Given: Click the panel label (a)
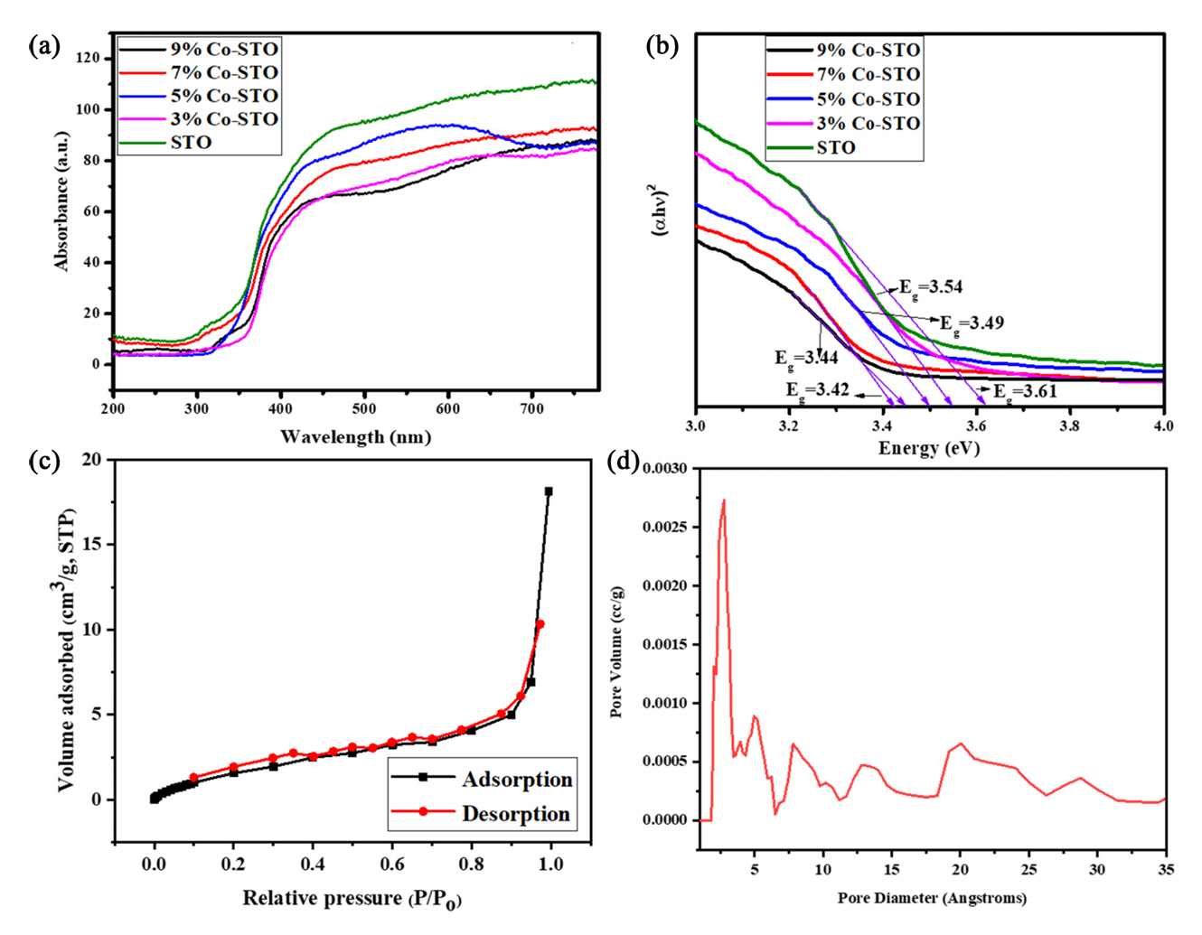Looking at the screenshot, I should tap(44, 46).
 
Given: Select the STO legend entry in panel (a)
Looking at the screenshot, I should tap(191, 143).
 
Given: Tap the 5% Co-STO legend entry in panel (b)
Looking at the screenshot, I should tap(868, 99).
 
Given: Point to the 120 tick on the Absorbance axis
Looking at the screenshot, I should tap(89, 58).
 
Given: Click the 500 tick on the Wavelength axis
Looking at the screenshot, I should tap(364, 409).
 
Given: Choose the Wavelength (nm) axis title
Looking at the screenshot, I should tap(355, 437).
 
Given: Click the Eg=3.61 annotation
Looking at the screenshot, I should tap(1026, 392).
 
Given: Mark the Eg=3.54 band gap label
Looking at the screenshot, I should tap(931, 287).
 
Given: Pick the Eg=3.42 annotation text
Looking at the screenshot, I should tap(817, 390).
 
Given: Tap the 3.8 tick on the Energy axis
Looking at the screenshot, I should tap(1069, 424).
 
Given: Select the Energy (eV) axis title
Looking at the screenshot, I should tap(929, 448).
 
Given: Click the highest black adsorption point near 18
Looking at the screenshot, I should tap(549, 491).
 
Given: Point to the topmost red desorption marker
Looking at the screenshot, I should tap(540, 624).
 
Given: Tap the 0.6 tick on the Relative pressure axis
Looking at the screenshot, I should tap(391, 864).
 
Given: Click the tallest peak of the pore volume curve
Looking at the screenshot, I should tap(724, 500).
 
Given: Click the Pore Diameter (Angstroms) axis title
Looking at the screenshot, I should tap(932, 898).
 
